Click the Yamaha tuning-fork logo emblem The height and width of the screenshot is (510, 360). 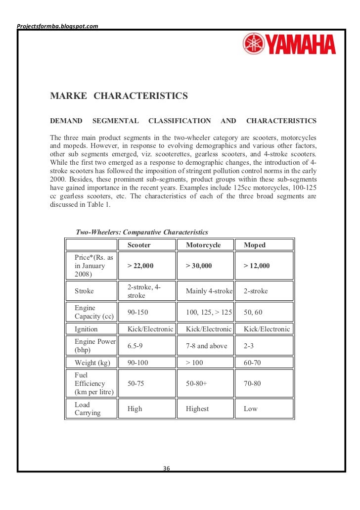point(253,44)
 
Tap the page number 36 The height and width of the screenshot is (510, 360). point(167,468)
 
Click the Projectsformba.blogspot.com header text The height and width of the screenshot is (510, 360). point(57,25)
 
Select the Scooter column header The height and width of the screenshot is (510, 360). point(139,245)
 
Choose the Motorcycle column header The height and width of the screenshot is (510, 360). point(203,245)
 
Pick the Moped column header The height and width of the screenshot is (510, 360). point(255,245)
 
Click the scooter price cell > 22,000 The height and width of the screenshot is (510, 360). point(140,266)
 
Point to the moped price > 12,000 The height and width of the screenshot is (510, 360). point(257,266)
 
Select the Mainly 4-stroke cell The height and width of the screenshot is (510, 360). point(209,291)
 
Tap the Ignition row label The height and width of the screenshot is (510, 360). point(86,329)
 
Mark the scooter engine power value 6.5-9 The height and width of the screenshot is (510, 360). point(136,346)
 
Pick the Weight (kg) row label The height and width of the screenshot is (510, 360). point(92,363)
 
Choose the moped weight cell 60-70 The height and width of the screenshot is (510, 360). point(253,363)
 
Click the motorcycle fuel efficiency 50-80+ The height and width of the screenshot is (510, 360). point(196,383)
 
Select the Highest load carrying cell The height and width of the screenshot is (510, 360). point(197,409)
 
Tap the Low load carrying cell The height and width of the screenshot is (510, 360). point(251,409)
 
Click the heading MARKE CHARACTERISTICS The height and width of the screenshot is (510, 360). point(119,96)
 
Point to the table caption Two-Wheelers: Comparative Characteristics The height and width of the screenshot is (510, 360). point(142,232)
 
